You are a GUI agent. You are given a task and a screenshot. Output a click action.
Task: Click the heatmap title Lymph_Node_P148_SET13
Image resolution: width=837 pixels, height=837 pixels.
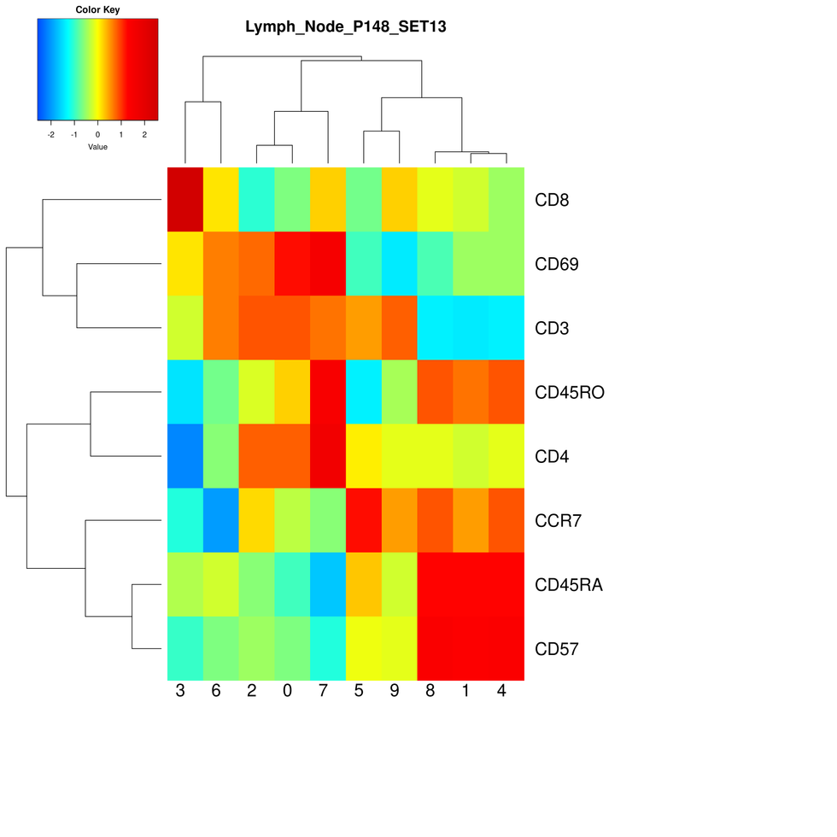345,26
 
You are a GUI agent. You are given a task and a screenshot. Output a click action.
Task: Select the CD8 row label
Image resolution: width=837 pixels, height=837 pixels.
551,201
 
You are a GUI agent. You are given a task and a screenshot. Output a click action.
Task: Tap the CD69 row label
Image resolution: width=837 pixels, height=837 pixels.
557,265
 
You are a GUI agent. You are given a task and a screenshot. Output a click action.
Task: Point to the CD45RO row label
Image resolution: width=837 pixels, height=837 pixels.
570,393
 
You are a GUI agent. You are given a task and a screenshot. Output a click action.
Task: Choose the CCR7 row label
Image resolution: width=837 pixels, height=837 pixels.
559,521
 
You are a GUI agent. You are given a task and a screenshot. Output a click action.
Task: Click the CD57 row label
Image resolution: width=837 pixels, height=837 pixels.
557,649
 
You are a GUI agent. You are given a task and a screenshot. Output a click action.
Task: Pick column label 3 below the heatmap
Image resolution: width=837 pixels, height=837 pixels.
179,692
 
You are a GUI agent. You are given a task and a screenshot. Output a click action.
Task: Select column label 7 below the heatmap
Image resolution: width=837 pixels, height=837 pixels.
323,692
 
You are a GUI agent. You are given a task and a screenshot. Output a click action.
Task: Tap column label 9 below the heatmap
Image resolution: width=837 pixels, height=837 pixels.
395,692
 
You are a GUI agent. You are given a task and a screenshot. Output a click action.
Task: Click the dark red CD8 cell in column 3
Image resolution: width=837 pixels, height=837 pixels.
184,199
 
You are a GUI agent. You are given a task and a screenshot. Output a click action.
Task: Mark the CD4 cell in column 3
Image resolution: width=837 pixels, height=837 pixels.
184,456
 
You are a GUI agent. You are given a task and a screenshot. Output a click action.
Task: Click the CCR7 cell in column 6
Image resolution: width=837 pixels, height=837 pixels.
220,520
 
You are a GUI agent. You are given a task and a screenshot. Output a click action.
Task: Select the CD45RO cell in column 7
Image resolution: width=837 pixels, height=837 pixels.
328,392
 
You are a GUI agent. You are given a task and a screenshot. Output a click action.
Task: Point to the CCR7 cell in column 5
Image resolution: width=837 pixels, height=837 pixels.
364,520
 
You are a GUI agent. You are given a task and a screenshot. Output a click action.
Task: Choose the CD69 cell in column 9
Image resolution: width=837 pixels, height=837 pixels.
400,263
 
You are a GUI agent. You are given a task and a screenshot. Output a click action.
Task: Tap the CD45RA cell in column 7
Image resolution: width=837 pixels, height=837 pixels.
328,584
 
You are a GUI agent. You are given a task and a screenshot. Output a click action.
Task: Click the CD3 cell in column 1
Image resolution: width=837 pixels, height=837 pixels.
471,327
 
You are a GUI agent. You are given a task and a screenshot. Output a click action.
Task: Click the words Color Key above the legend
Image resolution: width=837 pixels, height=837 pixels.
97,10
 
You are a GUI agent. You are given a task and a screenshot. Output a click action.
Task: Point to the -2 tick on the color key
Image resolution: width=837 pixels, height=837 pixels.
50,135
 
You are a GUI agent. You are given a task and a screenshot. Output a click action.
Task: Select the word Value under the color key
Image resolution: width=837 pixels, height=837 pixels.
97,147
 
